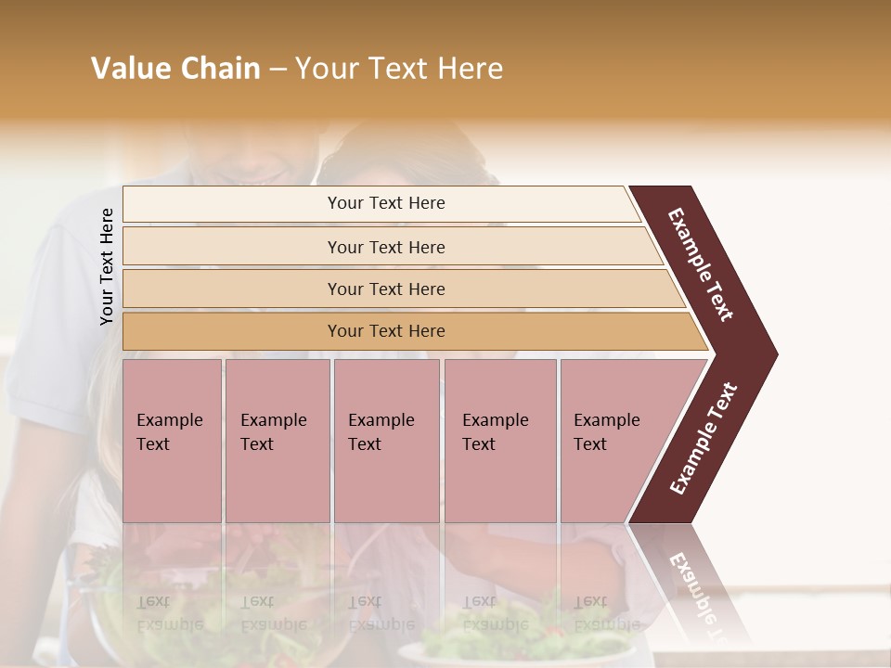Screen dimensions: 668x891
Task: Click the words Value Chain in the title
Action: pos(175,69)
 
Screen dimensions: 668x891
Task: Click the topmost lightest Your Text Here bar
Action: pos(385,203)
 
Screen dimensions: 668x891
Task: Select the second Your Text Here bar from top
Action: pos(385,247)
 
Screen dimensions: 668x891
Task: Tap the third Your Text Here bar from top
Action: pos(385,289)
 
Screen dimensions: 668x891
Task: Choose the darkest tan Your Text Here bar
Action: pos(385,331)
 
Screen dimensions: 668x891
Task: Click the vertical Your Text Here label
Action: pos(107,266)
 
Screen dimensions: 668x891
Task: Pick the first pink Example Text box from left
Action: pos(172,441)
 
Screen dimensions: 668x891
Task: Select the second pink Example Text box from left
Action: pos(277,441)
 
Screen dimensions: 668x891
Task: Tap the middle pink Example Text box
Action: pos(386,441)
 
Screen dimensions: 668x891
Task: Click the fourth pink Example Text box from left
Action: pos(500,441)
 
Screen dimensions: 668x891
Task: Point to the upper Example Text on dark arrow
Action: pos(701,264)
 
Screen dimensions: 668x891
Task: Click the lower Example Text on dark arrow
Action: pos(703,439)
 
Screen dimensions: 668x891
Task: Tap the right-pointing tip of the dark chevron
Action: pos(772,353)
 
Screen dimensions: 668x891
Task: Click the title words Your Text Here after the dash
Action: pos(399,69)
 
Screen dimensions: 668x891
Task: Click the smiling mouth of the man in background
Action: pos(269,173)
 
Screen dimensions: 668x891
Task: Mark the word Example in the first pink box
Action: pos(169,420)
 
